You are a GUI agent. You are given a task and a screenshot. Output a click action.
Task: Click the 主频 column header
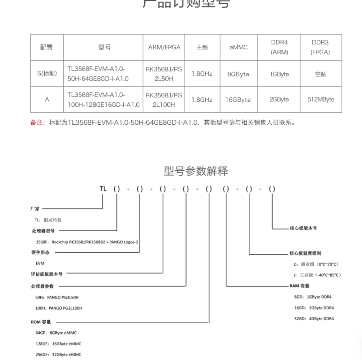[202, 47]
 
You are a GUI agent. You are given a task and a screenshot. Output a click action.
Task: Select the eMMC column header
[238, 47]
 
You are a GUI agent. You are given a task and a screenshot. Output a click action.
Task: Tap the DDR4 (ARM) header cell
[279, 47]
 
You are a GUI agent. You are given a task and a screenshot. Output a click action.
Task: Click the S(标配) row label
[47, 73]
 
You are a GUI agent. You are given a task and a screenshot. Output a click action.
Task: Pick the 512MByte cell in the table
[321, 99]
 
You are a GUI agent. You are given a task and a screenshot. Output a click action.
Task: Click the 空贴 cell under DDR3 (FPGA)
[320, 74]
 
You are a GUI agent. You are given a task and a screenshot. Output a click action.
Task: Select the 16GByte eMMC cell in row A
[238, 100]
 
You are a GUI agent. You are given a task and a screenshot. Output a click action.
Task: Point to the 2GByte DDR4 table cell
[279, 99]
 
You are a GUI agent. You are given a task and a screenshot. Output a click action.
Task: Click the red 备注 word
[38, 122]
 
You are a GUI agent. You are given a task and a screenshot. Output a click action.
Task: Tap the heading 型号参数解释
[196, 171]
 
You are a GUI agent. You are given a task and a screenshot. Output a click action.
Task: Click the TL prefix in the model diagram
[103, 189]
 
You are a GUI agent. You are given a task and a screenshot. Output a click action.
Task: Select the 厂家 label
[35, 209]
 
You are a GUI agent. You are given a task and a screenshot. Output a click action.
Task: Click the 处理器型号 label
[43, 231]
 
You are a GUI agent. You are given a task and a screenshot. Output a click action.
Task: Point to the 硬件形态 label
[40, 252]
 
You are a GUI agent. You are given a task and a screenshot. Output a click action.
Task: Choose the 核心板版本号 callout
[303, 228]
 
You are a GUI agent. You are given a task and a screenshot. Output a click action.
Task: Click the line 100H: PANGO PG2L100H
[59, 308]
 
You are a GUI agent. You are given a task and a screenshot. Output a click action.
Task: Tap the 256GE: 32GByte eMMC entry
[58, 354]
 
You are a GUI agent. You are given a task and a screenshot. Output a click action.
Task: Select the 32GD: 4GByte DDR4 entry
[314, 319]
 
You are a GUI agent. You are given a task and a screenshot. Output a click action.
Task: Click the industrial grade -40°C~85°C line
[317, 275]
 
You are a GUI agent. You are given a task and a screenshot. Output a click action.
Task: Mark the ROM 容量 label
[41, 322]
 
